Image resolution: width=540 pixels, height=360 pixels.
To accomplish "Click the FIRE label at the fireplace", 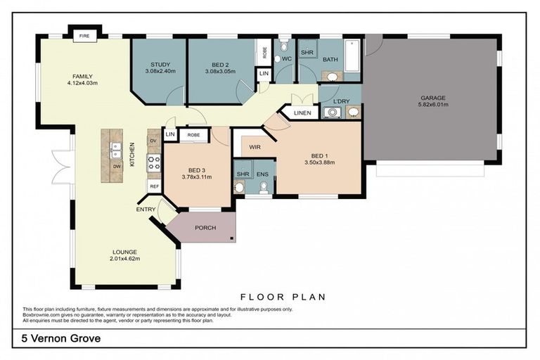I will pyautogui.click(x=84, y=35).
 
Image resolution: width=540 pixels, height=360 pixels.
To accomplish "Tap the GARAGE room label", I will pyautogui.click(x=433, y=98).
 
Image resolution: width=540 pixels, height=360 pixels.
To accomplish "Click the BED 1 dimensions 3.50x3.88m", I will pyautogui.click(x=320, y=162).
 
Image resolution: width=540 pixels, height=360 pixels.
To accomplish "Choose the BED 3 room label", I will pyautogui.click(x=197, y=169).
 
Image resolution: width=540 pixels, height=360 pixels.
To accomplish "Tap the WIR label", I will pyautogui.click(x=255, y=148).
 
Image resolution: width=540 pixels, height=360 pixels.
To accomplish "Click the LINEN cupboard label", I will pyautogui.click(x=302, y=112).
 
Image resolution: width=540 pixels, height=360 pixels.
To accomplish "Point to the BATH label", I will pyautogui.click(x=330, y=60).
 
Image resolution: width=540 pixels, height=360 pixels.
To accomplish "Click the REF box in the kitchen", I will pyautogui.click(x=154, y=186).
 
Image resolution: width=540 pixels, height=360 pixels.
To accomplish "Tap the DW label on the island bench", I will pyautogui.click(x=117, y=166).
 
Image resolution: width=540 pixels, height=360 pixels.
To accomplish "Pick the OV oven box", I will pyautogui.click(x=154, y=141).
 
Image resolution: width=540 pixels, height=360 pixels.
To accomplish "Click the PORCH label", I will pyautogui.click(x=205, y=228).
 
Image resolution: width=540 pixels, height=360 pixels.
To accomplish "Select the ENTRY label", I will pyautogui.click(x=146, y=210).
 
